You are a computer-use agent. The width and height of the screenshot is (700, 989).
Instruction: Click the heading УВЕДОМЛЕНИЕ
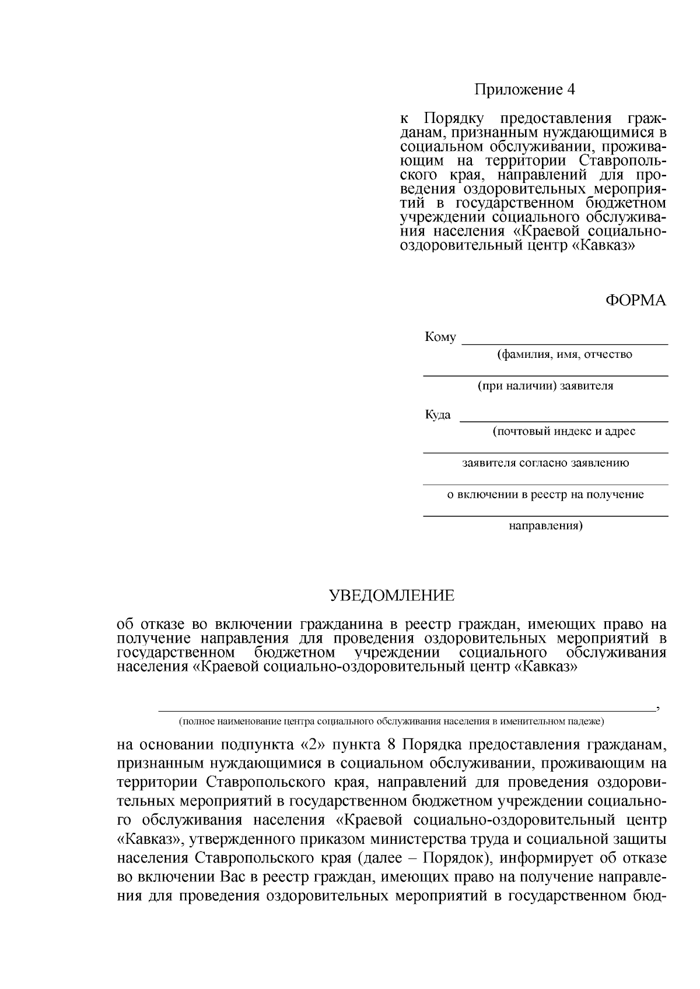coord(391,596)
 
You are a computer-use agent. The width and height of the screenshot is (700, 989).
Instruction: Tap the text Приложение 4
coord(524,90)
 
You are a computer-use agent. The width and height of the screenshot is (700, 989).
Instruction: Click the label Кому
coord(440,337)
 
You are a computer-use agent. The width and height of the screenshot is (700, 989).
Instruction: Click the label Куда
coord(437,415)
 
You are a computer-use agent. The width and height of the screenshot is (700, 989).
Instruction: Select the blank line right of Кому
coord(565,343)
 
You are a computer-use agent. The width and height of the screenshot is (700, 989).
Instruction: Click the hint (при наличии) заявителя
coord(545,386)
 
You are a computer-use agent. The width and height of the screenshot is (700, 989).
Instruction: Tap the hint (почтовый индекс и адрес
coord(563,432)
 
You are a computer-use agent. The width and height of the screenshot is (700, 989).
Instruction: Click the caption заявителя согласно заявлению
coord(545,463)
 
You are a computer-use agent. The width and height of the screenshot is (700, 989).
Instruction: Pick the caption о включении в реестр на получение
coord(545,495)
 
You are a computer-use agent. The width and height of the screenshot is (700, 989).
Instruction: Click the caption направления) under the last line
coord(545,526)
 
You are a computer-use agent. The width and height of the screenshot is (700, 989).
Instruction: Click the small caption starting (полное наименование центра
coord(391,721)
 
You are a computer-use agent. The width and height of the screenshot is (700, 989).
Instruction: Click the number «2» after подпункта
coord(314,745)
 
